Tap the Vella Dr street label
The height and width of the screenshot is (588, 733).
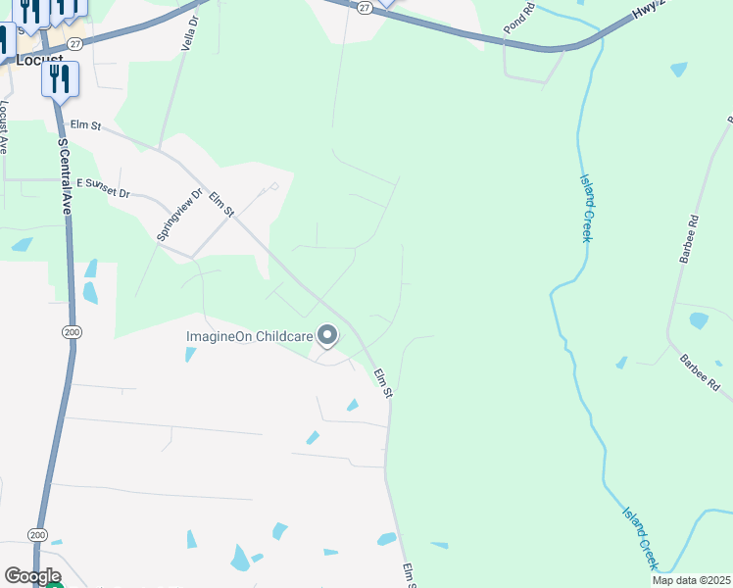[x=188, y=32]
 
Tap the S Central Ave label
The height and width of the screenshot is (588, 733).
[x=65, y=176]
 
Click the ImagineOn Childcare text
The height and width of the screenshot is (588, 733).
[x=250, y=336]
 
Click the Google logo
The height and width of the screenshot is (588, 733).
[x=32, y=576]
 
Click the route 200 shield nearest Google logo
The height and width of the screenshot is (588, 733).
[x=38, y=535]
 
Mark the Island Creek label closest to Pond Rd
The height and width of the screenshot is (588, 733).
[x=588, y=202]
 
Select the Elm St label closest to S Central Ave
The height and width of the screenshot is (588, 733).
[x=86, y=125]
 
